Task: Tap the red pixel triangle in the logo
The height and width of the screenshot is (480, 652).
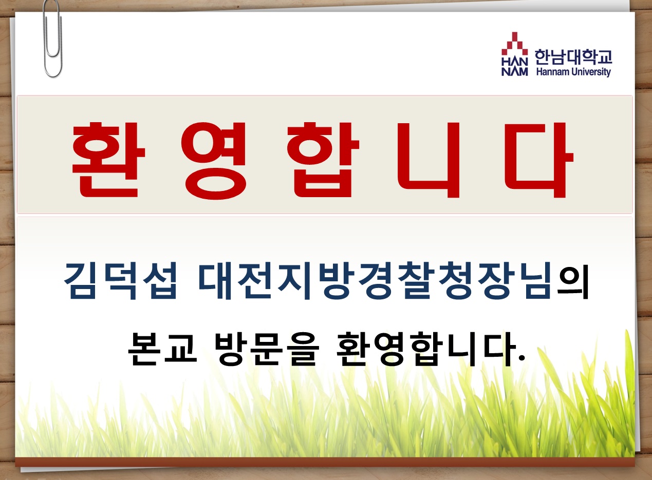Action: [515, 44]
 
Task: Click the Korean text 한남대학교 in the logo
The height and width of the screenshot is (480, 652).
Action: [573, 56]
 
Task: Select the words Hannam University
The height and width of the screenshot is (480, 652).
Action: [573, 71]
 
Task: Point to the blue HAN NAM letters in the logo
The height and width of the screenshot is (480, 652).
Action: [515, 66]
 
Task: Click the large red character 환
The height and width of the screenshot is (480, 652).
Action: [108, 160]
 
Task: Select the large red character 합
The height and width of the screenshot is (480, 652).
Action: [323, 160]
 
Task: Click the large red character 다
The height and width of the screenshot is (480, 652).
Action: [539, 160]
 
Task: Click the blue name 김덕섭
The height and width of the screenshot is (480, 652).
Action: [120, 280]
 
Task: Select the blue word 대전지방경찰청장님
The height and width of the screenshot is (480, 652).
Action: [375, 280]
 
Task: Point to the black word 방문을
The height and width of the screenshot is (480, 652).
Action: [266, 349]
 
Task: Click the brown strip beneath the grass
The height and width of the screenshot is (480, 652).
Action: [325, 462]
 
